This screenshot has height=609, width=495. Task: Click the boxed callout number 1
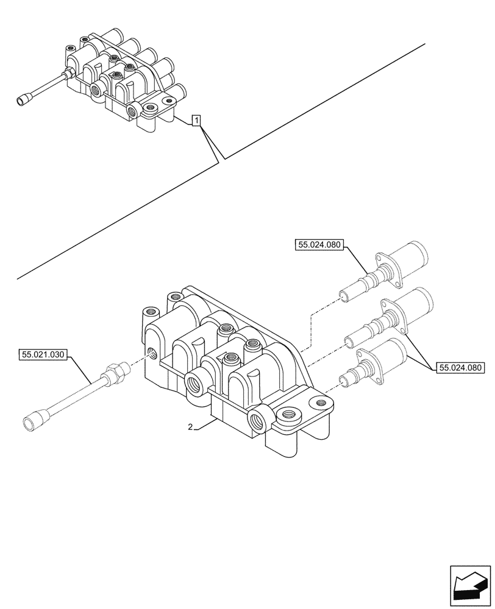196,121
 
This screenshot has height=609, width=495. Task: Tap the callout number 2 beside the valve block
190,428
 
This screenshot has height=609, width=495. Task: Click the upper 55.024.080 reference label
320,245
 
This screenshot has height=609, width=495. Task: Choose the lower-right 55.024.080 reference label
460,367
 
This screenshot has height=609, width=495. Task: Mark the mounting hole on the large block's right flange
318,402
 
